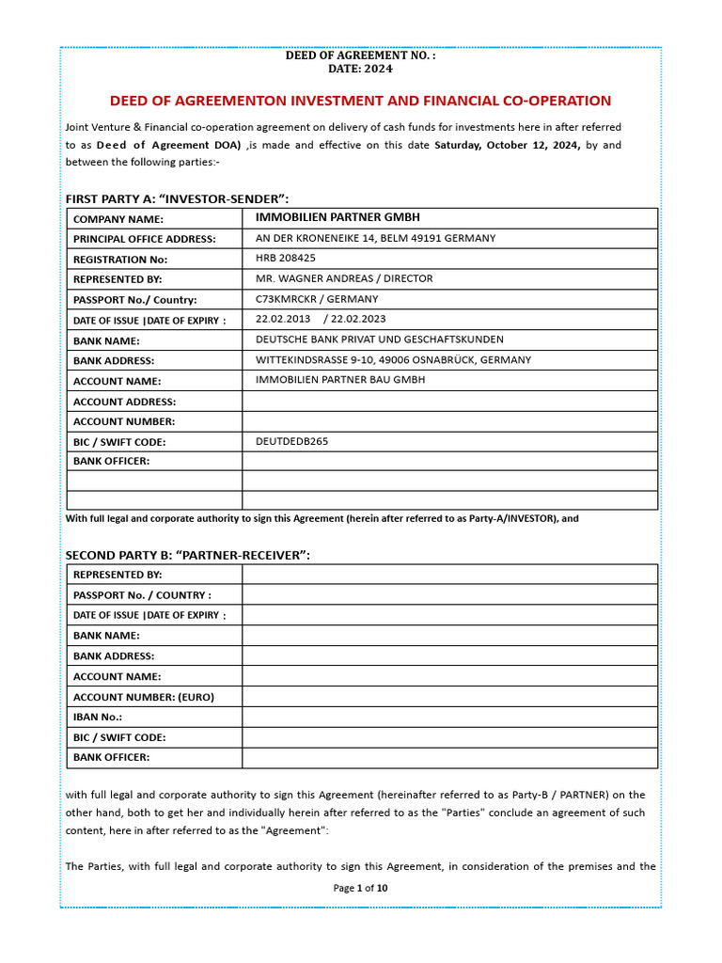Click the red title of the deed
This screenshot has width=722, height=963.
click(x=360, y=101)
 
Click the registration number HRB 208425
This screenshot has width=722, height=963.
click(x=286, y=258)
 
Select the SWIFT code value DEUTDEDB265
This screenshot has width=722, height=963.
click(x=291, y=441)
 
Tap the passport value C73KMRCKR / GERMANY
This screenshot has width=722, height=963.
click(x=317, y=299)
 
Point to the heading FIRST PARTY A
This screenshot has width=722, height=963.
click(x=177, y=198)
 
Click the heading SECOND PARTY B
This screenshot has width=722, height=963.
click(x=187, y=555)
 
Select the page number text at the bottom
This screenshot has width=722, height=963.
click(x=360, y=888)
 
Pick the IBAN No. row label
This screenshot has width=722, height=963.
click(x=98, y=718)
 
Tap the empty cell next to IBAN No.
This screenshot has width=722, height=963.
click(x=449, y=718)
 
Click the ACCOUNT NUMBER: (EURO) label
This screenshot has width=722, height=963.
click(x=144, y=697)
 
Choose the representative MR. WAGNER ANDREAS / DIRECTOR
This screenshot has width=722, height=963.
click(x=344, y=278)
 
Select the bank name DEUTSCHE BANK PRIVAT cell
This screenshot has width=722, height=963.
click(x=379, y=339)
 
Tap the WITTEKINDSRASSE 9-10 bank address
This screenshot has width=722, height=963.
click(x=393, y=360)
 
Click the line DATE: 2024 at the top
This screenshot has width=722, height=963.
click(x=360, y=69)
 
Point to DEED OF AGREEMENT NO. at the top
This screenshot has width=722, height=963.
click(x=360, y=55)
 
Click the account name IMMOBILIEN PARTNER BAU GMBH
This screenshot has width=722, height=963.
click(x=340, y=380)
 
